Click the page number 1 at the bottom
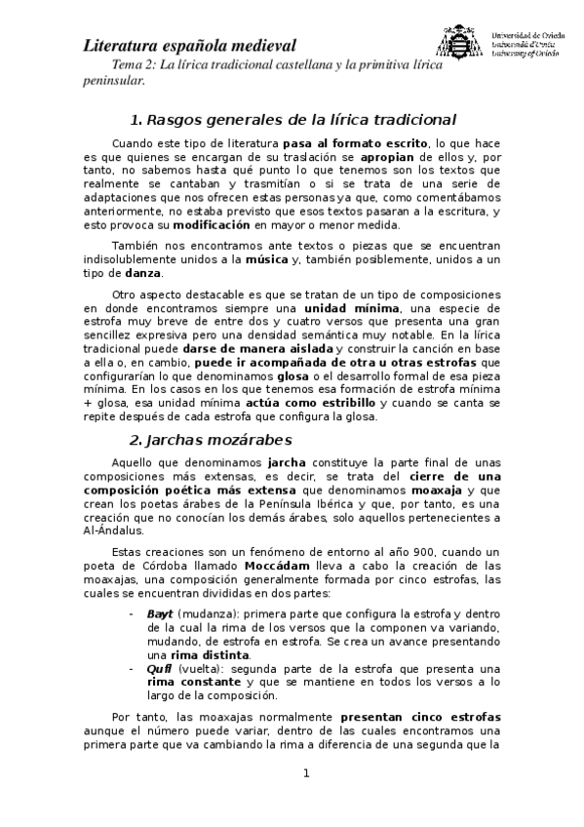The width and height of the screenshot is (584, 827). [305, 774]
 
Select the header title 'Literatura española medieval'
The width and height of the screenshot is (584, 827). [190, 45]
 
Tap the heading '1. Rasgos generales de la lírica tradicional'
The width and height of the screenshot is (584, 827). [292, 120]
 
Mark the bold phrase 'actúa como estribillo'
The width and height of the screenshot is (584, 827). [307, 403]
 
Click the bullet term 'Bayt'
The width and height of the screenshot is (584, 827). [159, 614]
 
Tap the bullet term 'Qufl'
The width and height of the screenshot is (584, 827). [159, 669]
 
